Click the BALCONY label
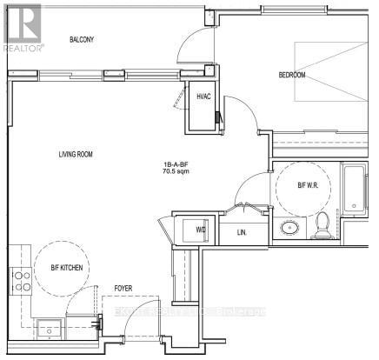point(82,40)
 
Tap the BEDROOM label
point(292,75)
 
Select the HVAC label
point(205,97)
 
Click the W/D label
point(201,230)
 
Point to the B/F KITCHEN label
point(66,269)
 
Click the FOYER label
point(123,288)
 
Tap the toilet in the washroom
point(322,226)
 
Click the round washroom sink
point(289,230)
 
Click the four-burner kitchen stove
point(21,280)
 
